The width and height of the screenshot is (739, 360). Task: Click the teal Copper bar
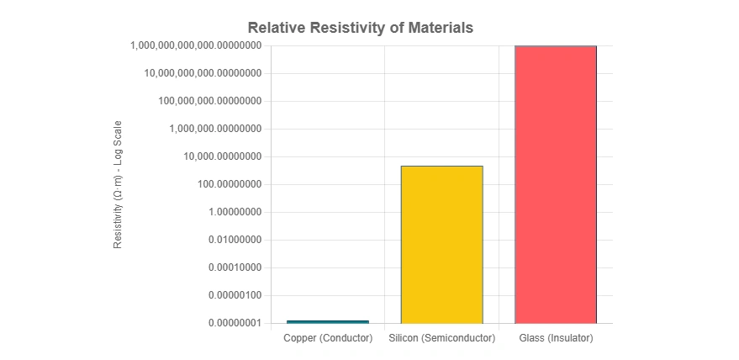coord(328,321)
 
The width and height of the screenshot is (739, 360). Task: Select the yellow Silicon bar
coord(441,244)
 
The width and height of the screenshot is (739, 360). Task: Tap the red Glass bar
coord(556,184)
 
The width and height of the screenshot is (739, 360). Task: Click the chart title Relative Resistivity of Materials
coord(360,28)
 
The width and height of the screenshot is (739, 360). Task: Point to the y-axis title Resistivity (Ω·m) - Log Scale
coord(119,184)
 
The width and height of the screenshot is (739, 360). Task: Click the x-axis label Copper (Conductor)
coord(328,338)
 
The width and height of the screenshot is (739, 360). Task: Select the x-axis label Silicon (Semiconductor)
coord(441,338)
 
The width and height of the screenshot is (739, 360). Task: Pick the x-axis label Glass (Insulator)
coord(556,338)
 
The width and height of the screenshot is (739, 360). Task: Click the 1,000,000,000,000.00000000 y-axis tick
coord(197,45)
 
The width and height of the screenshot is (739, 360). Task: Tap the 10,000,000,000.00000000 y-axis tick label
coord(203,73)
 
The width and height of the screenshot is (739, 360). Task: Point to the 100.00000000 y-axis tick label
coord(224,184)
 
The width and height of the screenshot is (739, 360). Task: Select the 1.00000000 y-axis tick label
coord(231,212)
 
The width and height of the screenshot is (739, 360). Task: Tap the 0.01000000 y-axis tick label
coord(231,240)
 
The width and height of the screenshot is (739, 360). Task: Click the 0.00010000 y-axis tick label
coord(231,267)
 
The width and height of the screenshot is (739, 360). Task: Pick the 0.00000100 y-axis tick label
coord(231,295)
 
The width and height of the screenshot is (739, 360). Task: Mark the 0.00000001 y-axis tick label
coord(231,323)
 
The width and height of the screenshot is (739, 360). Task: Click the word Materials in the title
coord(439,28)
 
